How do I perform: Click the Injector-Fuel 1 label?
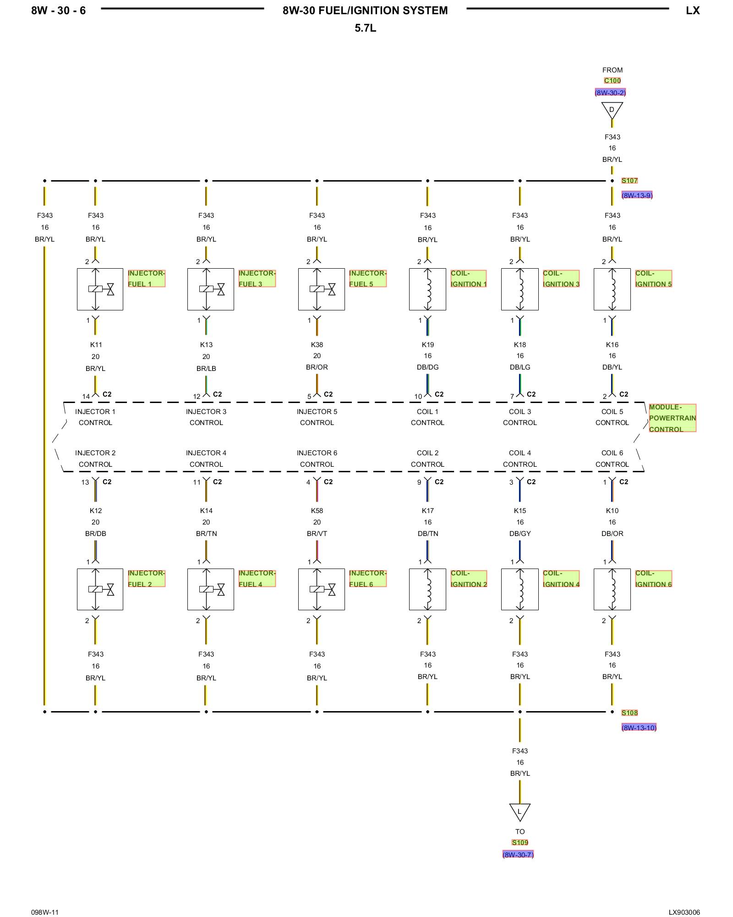coord(146,278)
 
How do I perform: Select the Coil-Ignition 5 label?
coord(653,278)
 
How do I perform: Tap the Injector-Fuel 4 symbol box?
coord(211,589)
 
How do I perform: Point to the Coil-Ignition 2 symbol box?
coord(427,589)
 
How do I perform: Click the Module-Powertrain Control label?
coord(672,418)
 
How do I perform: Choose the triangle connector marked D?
coord(612,110)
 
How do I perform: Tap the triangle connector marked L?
coord(520,812)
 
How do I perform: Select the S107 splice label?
coord(629,181)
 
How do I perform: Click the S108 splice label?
coord(629,713)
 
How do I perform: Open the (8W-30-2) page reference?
coord(610,93)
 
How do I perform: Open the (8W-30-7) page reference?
coord(518,855)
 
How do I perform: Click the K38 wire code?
coord(317,345)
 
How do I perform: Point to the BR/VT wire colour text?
coord(317,534)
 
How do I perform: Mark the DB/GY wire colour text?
coord(520,534)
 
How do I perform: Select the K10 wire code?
coord(612,511)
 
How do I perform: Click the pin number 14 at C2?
coord(86,397)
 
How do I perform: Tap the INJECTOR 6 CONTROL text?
coord(317,458)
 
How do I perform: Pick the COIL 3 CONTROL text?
coord(520,417)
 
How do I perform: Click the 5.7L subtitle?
coord(365,28)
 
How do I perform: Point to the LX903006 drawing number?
coord(684,912)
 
